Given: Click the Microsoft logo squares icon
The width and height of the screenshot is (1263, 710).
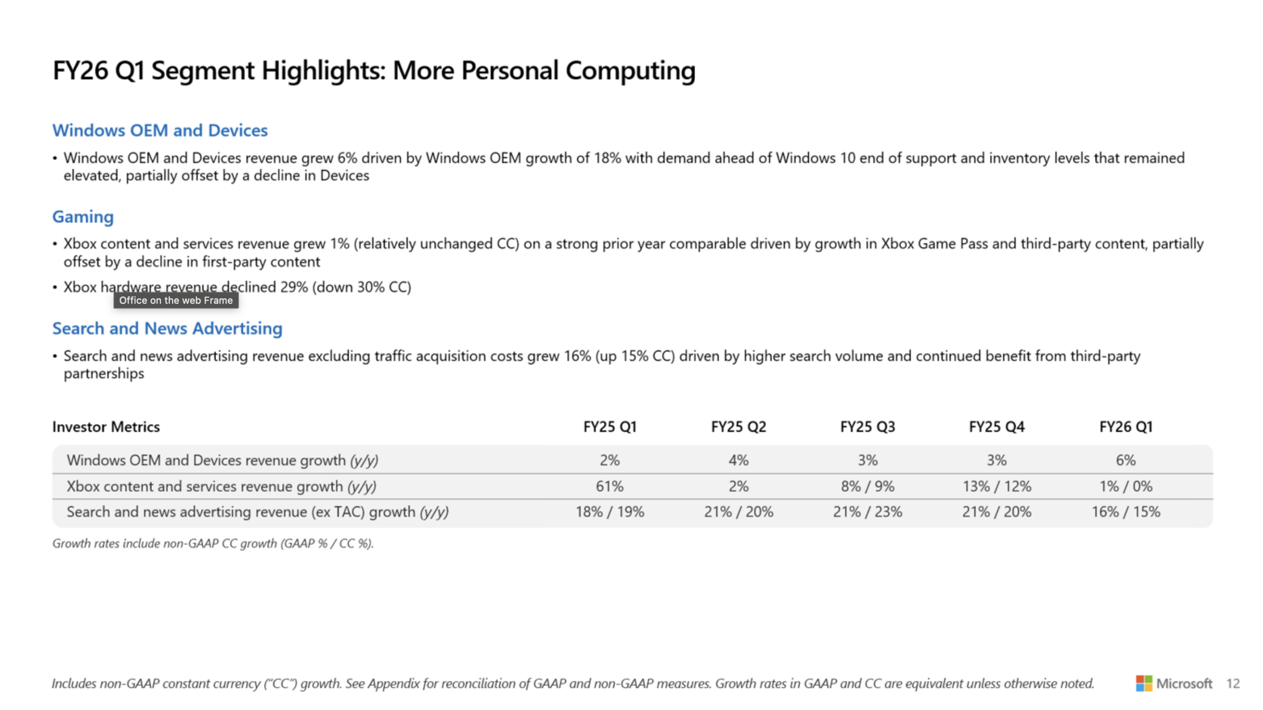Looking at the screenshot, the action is click(x=1144, y=683).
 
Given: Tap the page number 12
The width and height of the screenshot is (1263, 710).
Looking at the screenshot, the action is click(x=1233, y=683).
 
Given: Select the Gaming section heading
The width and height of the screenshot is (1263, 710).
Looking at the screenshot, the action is click(x=83, y=217).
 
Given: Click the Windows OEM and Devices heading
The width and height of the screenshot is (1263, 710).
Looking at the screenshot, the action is click(x=160, y=130).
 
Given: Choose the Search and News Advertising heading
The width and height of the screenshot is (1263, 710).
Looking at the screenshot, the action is click(x=167, y=329).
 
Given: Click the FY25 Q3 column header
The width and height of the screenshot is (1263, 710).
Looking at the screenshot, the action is click(x=867, y=427).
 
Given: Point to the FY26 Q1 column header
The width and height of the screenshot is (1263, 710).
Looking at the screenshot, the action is click(x=1126, y=427).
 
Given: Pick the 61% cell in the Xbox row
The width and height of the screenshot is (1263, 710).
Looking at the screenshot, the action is click(x=610, y=486).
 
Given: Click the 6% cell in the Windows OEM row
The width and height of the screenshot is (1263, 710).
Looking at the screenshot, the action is click(x=1126, y=460).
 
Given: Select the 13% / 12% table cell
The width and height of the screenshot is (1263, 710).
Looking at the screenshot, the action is click(x=997, y=486).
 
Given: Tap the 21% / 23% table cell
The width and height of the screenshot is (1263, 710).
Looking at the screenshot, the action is click(x=867, y=512).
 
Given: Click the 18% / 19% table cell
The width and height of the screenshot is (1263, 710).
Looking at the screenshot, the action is click(x=610, y=512).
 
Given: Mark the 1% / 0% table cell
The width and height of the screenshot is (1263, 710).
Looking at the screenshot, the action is click(x=1126, y=486).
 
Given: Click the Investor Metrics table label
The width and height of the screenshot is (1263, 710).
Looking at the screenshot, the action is click(x=106, y=427).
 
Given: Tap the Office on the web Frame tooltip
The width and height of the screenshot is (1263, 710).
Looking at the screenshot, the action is click(x=176, y=300).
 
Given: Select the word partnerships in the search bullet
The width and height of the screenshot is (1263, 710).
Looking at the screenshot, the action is click(x=104, y=374).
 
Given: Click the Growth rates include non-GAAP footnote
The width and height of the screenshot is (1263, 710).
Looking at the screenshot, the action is click(x=213, y=543).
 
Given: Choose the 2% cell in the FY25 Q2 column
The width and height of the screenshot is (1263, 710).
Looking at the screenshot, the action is click(x=739, y=486).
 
